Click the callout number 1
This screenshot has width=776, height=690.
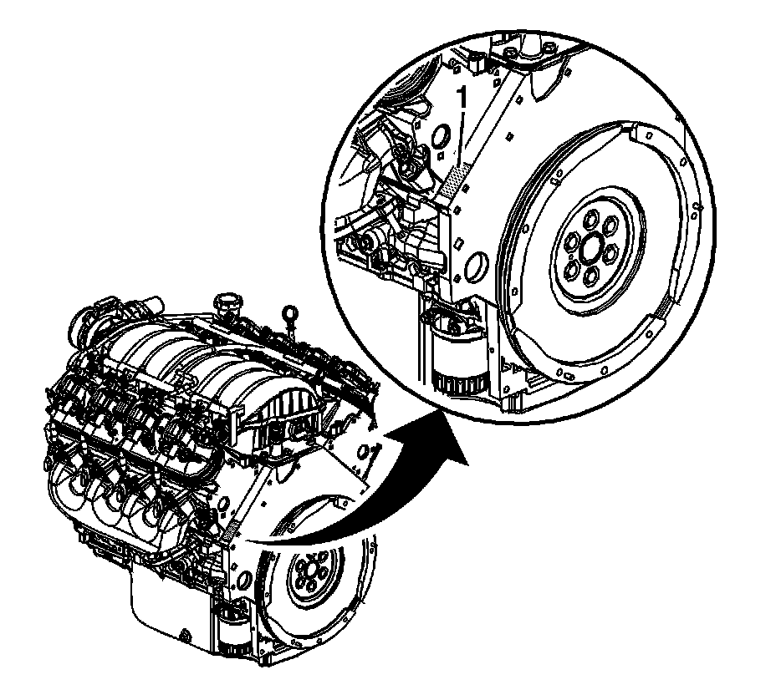click(463, 99)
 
